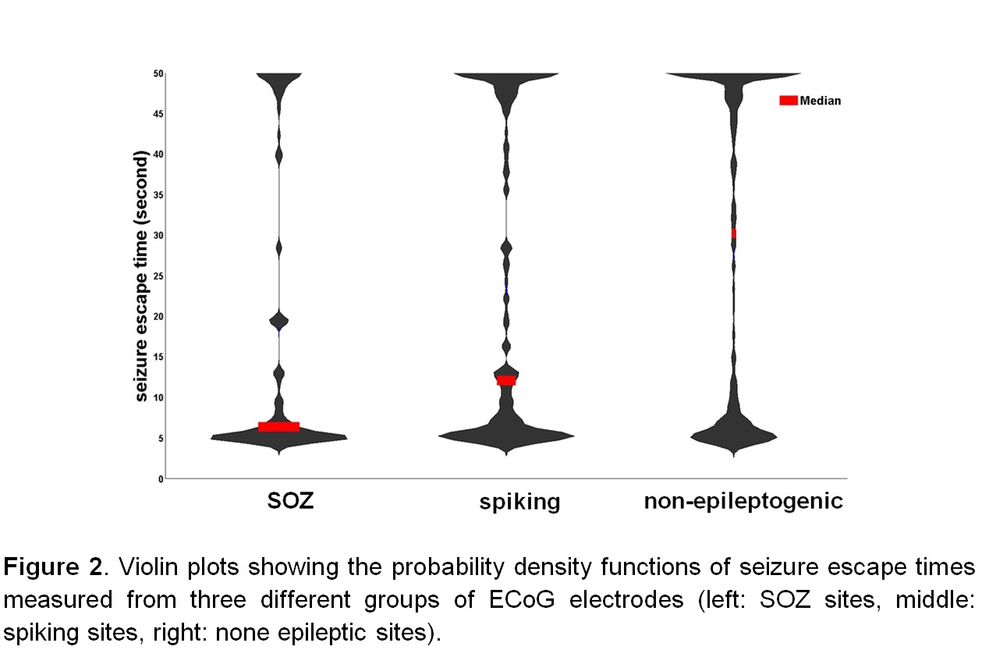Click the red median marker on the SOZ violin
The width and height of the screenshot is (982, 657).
pyautogui.click(x=278, y=426)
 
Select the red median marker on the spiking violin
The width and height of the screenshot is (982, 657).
pyautogui.click(x=506, y=381)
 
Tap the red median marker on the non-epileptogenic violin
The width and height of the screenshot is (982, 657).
pyautogui.click(x=733, y=233)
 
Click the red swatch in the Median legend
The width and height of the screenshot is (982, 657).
pyautogui.click(x=788, y=100)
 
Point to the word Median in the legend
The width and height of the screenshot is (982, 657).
pyautogui.click(x=820, y=101)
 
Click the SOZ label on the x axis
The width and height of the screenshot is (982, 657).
pyautogui.click(x=290, y=500)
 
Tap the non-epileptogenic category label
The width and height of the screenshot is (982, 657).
pyautogui.click(x=743, y=500)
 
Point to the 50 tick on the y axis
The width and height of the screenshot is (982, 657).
pyautogui.click(x=158, y=73)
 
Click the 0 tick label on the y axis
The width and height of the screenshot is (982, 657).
pyautogui.click(x=160, y=478)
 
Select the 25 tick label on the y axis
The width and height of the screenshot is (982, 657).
pyautogui.click(x=158, y=276)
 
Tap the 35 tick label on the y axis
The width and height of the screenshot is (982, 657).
pyautogui.click(x=158, y=195)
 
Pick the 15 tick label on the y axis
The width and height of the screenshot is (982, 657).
pyautogui.click(x=158, y=357)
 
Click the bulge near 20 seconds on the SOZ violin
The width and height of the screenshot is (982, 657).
pyautogui.click(x=278, y=320)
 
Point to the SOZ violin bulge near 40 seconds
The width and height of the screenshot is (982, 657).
pyautogui.click(x=278, y=156)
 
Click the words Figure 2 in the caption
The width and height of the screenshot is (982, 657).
pyautogui.click(x=53, y=567)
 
